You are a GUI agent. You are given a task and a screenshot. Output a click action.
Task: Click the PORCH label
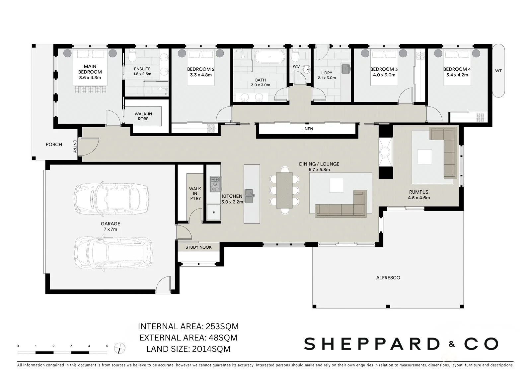coord(54,145)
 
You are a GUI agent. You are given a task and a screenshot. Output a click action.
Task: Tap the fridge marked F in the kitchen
coord(214,213)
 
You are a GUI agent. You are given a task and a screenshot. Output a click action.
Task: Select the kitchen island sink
coord(249,196)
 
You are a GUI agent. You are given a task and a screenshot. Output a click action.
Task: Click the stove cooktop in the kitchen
coord(215,184)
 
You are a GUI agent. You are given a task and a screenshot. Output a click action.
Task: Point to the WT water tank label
coord(498,71)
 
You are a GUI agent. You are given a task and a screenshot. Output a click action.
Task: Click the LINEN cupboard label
coord(307,129)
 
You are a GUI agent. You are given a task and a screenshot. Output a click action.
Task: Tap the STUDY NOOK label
coord(198,247)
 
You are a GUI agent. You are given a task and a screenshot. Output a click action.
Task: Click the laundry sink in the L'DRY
coord(346,69)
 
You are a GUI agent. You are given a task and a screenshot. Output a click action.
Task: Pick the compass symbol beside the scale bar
coord(120,348)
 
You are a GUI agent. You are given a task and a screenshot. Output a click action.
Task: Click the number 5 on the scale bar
coord(107,346)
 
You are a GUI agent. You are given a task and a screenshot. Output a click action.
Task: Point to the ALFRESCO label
coord(388,278)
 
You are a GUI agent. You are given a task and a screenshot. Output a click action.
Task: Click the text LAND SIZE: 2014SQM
coord(188,349)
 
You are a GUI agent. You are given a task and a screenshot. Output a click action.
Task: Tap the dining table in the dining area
coord(284,190)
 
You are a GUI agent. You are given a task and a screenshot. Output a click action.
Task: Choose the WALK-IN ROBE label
coord(143,116)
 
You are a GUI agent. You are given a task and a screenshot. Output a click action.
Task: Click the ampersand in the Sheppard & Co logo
coord(452,344)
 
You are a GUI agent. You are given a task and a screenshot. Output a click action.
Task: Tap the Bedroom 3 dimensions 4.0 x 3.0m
coord(384,75)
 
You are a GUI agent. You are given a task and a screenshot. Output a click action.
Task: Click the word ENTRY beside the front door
coord(75,147)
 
